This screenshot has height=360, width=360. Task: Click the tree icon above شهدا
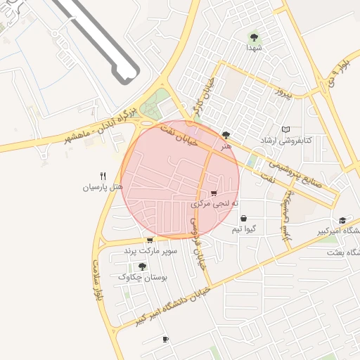254,37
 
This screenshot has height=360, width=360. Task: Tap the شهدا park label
254,48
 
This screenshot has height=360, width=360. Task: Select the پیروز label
281,92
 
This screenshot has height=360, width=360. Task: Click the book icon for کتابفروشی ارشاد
285,129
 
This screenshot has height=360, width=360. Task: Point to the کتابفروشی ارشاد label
285,141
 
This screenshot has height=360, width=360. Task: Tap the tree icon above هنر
226,135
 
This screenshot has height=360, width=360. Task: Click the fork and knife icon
103,176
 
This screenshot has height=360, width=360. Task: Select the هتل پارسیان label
103,188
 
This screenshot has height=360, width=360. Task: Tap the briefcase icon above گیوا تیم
243,218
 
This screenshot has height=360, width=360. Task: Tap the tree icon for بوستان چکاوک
142,266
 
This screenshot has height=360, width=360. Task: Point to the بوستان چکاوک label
142,278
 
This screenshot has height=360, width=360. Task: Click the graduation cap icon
342,220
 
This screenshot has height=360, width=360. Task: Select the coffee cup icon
165,340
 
